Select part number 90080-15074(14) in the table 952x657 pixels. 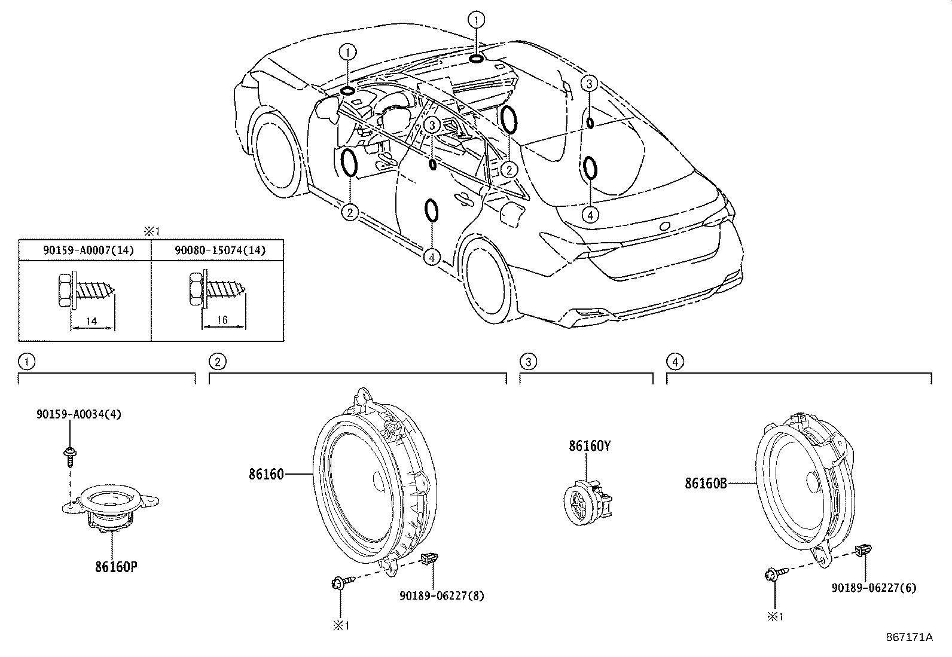[220, 250]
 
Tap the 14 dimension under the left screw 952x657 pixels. [91, 322]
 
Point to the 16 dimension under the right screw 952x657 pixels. [222, 320]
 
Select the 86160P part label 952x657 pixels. [116, 567]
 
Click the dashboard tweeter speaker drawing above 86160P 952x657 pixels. [111, 506]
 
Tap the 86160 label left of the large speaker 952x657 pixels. [266, 475]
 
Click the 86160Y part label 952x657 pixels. [590, 446]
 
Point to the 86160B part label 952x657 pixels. [706, 483]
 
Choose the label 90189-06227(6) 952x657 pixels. [874, 588]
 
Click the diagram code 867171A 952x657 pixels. [909, 637]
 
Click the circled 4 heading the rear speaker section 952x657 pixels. [674, 361]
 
